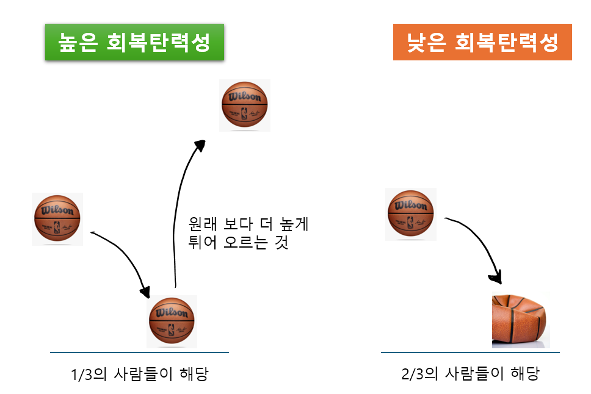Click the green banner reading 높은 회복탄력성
coord(134,42)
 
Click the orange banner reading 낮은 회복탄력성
coord(482,42)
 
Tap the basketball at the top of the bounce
coord(245,106)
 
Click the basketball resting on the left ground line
coord(172,321)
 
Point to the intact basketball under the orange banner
coord(410,214)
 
